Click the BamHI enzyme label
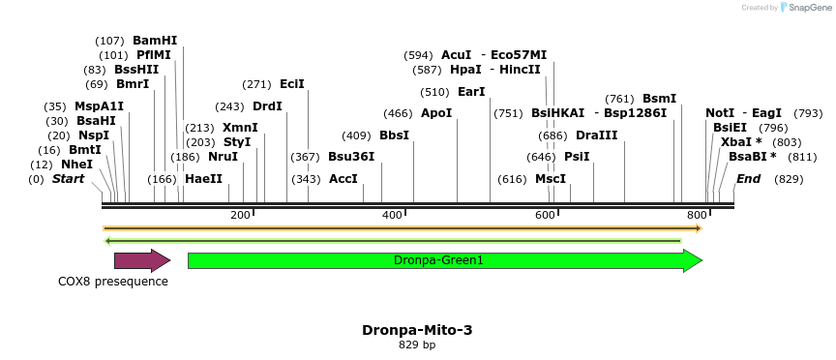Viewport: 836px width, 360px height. tap(155, 41)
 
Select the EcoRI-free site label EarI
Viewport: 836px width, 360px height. tap(471, 92)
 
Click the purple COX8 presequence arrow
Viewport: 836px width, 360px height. tap(141, 260)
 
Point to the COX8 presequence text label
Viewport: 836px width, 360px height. tap(113, 282)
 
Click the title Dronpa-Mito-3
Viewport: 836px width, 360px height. tap(417, 330)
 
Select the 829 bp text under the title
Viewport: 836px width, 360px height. tap(417, 345)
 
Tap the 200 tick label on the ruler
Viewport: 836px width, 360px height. tap(240, 215)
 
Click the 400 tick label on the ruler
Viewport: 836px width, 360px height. tap(393, 215)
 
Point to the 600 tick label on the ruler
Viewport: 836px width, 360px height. tap(545, 215)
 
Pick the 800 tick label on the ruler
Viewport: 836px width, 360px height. tap(697, 215)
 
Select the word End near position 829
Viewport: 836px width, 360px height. tap(748, 179)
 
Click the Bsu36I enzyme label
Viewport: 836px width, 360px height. tap(351, 157)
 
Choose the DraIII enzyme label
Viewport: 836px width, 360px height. tap(596, 135)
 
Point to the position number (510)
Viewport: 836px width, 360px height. tap(434, 92)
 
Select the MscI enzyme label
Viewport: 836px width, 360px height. tap(551, 179)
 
